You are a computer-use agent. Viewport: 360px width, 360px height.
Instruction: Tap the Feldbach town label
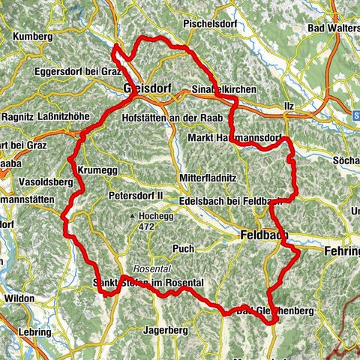[265, 235]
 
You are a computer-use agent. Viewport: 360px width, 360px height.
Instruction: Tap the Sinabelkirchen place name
[224, 89]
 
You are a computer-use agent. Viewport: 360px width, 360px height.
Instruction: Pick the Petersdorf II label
[136, 196]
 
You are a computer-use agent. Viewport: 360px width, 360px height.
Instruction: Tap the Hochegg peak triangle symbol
[133, 216]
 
